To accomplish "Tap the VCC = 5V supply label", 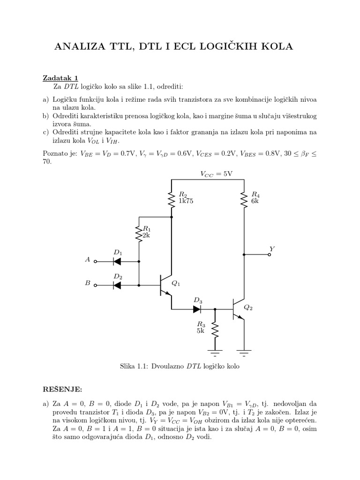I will (x=216, y=173).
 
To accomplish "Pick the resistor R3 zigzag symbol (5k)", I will (x=215, y=330).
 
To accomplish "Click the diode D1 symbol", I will (x=117, y=261).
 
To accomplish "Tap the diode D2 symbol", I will (x=117, y=285).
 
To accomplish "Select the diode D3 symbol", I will (x=197, y=309).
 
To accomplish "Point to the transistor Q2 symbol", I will (x=239, y=309).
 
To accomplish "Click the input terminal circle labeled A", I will (x=95, y=261).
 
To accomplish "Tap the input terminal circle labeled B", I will (x=95, y=285).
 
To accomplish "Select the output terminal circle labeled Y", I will (x=270, y=255).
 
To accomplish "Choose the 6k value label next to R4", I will (x=255, y=201).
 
